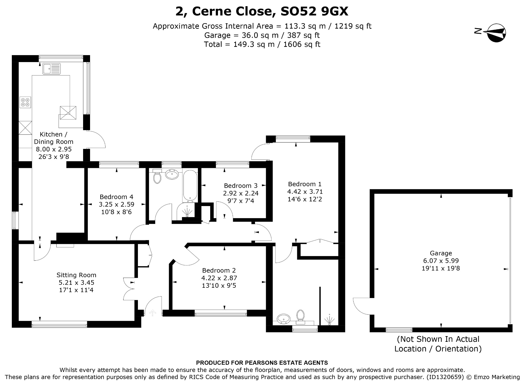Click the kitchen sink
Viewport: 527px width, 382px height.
tap(52, 69)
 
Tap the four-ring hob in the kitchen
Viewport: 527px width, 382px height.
tap(25, 102)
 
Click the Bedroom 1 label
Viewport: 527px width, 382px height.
tap(305, 184)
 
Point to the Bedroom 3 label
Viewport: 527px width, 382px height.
tap(241, 185)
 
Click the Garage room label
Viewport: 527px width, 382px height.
tap(441, 253)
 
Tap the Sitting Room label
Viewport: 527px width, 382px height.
tap(76, 275)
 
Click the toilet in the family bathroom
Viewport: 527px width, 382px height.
tap(157, 176)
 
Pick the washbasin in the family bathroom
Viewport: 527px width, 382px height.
tap(172, 174)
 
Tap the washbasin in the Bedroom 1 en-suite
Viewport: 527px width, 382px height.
tap(284, 319)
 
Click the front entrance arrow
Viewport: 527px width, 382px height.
tap(153, 313)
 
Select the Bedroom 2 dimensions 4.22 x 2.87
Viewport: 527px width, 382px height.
tap(219, 278)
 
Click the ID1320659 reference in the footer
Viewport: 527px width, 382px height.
tap(444, 377)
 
